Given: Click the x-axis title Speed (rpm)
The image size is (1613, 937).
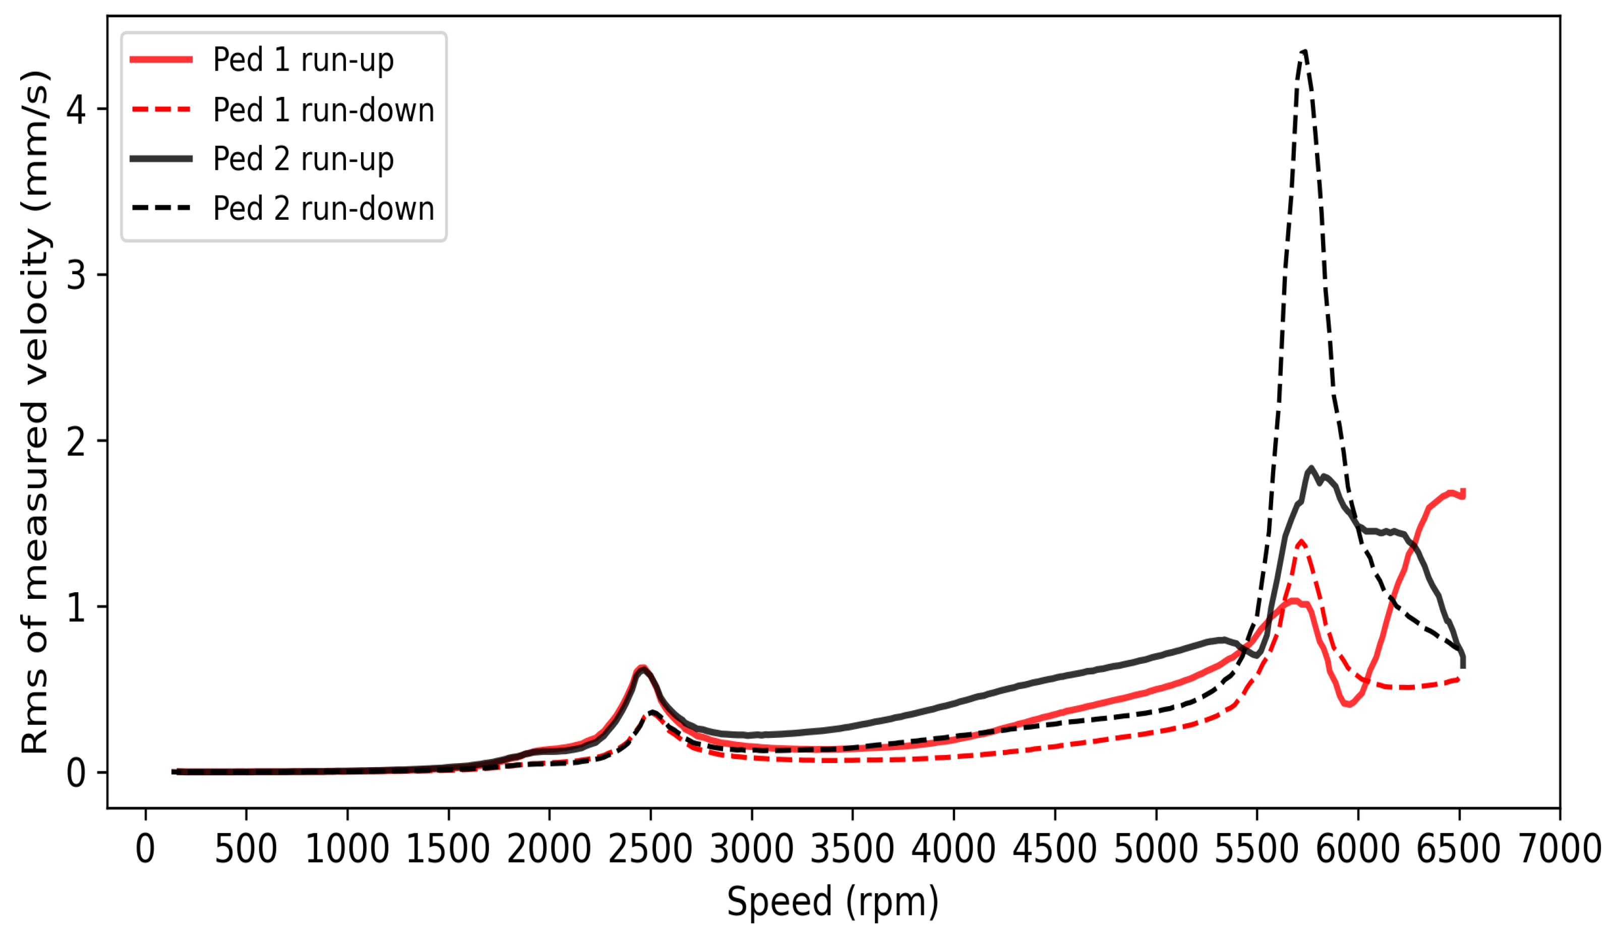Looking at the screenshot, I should [x=832, y=902].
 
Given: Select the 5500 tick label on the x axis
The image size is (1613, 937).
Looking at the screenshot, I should [x=1257, y=849].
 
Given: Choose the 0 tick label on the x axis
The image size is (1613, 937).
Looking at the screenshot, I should [x=145, y=849].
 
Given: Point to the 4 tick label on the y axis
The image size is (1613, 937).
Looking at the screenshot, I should [x=76, y=109].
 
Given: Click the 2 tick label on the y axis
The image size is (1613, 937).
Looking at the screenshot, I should [x=76, y=442].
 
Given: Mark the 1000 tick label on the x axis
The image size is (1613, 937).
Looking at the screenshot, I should [x=347, y=849].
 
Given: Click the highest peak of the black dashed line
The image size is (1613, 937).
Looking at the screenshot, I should [x=1304, y=51].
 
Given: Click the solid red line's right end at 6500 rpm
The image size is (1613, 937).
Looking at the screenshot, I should [x=1463, y=493].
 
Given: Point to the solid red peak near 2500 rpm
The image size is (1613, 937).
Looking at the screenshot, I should [x=642, y=667].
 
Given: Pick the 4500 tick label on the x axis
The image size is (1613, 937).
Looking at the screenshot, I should [x=1054, y=849].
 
